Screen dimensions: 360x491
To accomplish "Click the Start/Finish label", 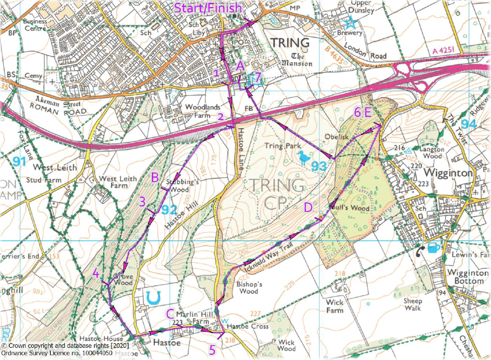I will (208, 8).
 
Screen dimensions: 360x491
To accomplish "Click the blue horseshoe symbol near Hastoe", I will (153, 297).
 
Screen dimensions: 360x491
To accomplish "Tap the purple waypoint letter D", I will (308, 207).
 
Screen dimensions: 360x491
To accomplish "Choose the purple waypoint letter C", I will (170, 314).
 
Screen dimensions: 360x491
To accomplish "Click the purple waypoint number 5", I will (212, 350).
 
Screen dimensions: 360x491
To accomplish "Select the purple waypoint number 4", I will (96, 273).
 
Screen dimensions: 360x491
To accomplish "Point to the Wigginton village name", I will (449, 173).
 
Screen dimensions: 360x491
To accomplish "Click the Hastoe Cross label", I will (248, 327).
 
